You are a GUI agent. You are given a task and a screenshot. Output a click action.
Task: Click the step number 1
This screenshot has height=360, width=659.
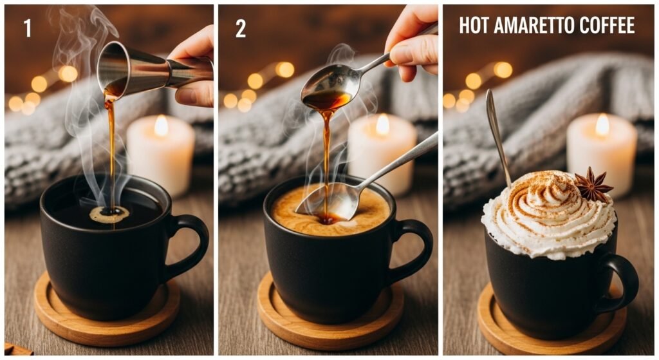27,28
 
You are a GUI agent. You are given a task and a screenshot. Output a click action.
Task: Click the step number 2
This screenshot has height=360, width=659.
240,28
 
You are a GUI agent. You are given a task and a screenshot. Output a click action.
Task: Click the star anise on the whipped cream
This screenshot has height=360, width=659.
592,185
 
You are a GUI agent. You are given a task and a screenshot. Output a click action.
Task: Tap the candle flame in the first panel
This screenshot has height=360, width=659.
160,125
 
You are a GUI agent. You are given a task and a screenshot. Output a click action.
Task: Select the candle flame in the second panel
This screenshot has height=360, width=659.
382,124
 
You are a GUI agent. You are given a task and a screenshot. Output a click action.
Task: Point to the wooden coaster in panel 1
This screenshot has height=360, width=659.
106,316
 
